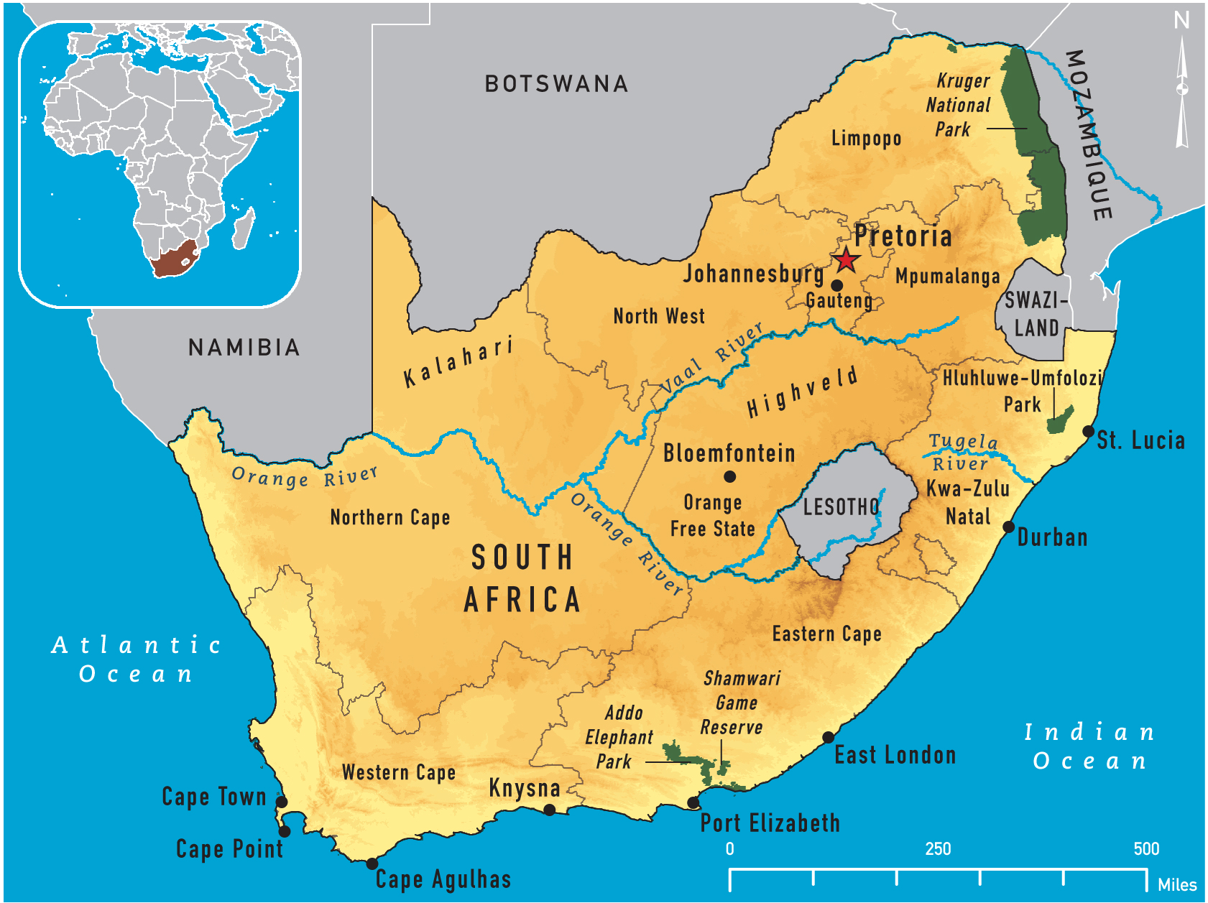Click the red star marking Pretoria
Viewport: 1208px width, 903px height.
(846, 260)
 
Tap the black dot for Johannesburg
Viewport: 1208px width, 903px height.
(836, 285)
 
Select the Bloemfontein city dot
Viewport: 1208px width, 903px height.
(729, 476)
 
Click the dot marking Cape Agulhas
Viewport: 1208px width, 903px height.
(372, 863)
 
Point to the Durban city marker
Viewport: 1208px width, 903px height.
(1008, 527)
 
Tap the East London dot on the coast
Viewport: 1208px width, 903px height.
(828, 737)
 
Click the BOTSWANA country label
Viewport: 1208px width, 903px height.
(557, 84)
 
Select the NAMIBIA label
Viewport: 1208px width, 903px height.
(244, 348)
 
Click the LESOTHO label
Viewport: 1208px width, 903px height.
(841, 507)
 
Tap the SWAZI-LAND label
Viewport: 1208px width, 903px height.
(1035, 314)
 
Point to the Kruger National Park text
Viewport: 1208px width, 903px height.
(959, 106)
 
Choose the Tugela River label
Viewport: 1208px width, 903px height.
(962, 453)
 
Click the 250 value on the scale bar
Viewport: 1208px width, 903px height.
(938, 849)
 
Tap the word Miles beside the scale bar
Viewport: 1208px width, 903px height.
(1176, 885)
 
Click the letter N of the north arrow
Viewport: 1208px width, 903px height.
(1181, 20)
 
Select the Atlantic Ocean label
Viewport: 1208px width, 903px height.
(136, 659)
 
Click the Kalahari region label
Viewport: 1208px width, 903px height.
(458, 361)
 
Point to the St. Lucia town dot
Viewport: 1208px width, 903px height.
(1088, 432)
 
